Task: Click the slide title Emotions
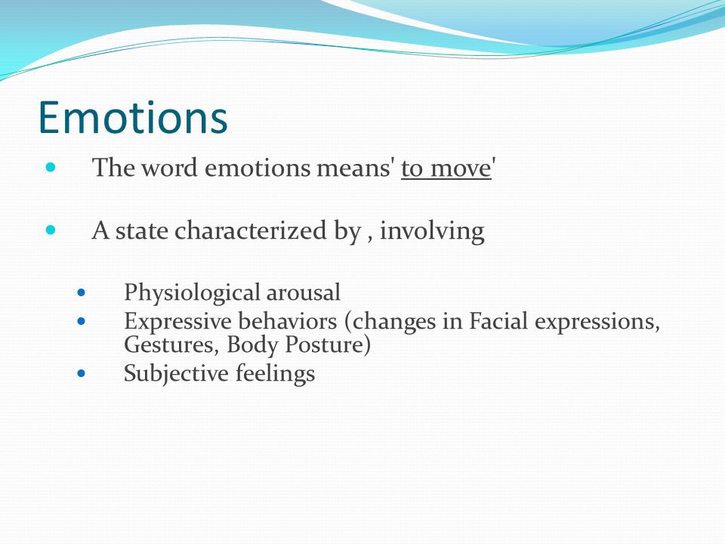(x=133, y=117)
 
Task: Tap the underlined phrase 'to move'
(x=446, y=168)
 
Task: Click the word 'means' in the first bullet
(x=354, y=168)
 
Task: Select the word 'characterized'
(x=250, y=230)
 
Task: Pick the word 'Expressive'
(x=177, y=322)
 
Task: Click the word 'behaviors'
(x=287, y=321)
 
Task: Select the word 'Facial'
(x=498, y=321)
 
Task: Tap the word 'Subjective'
(x=176, y=374)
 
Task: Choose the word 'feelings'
(x=275, y=374)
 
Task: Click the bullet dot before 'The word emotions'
(x=51, y=167)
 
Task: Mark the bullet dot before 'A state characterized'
(x=51, y=230)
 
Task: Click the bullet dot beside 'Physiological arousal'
(x=82, y=292)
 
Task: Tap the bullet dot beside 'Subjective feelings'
(x=82, y=373)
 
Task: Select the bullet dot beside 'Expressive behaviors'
(x=82, y=321)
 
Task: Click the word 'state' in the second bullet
(x=141, y=230)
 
